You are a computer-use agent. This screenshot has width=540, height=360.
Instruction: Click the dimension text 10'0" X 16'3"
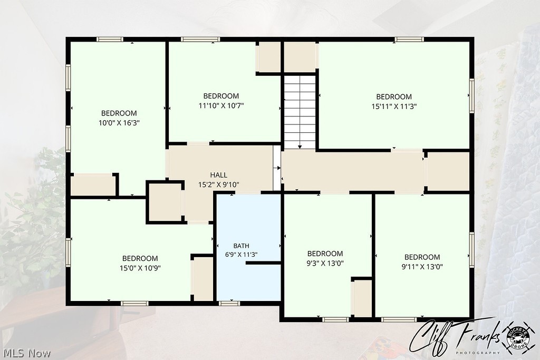pyautogui.click(x=119, y=123)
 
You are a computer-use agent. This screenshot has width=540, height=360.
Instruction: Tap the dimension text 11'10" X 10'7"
pyautogui.click(x=221, y=105)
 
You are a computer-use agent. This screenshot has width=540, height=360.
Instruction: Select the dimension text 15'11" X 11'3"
pyautogui.click(x=394, y=106)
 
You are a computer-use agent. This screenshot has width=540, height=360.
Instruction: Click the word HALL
pyautogui.click(x=219, y=175)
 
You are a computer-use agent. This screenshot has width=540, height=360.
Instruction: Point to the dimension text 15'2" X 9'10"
pyautogui.click(x=219, y=185)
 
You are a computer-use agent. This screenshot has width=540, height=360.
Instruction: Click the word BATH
pyautogui.click(x=241, y=246)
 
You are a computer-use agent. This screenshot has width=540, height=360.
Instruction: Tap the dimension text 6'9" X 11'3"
pyautogui.click(x=241, y=255)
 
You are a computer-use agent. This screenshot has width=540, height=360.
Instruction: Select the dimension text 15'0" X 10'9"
pyautogui.click(x=140, y=268)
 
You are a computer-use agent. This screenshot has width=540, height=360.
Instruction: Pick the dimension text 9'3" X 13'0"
pyautogui.click(x=325, y=264)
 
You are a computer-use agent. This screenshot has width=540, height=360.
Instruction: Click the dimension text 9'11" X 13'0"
pyautogui.click(x=422, y=267)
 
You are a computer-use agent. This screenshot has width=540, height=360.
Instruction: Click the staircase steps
pyautogui.click(x=300, y=112)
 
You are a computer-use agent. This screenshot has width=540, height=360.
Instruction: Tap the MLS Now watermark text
pyautogui.click(x=26, y=354)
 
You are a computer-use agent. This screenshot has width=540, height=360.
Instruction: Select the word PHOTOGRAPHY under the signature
pyautogui.click(x=478, y=353)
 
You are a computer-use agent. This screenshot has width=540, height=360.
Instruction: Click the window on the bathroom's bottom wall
pyautogui.click(x=229, y=304)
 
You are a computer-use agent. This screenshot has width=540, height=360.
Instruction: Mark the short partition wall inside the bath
pyautogui.click(x=264, y=263)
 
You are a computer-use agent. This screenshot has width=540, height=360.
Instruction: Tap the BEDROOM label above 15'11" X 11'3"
pyautogui.click(x=394, y=96)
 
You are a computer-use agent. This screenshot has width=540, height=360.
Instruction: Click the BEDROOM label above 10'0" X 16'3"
pyautogui.click(x=119, y=113)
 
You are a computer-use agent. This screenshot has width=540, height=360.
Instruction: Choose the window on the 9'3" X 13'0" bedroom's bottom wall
pyautogui.click(x=336, y=320)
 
